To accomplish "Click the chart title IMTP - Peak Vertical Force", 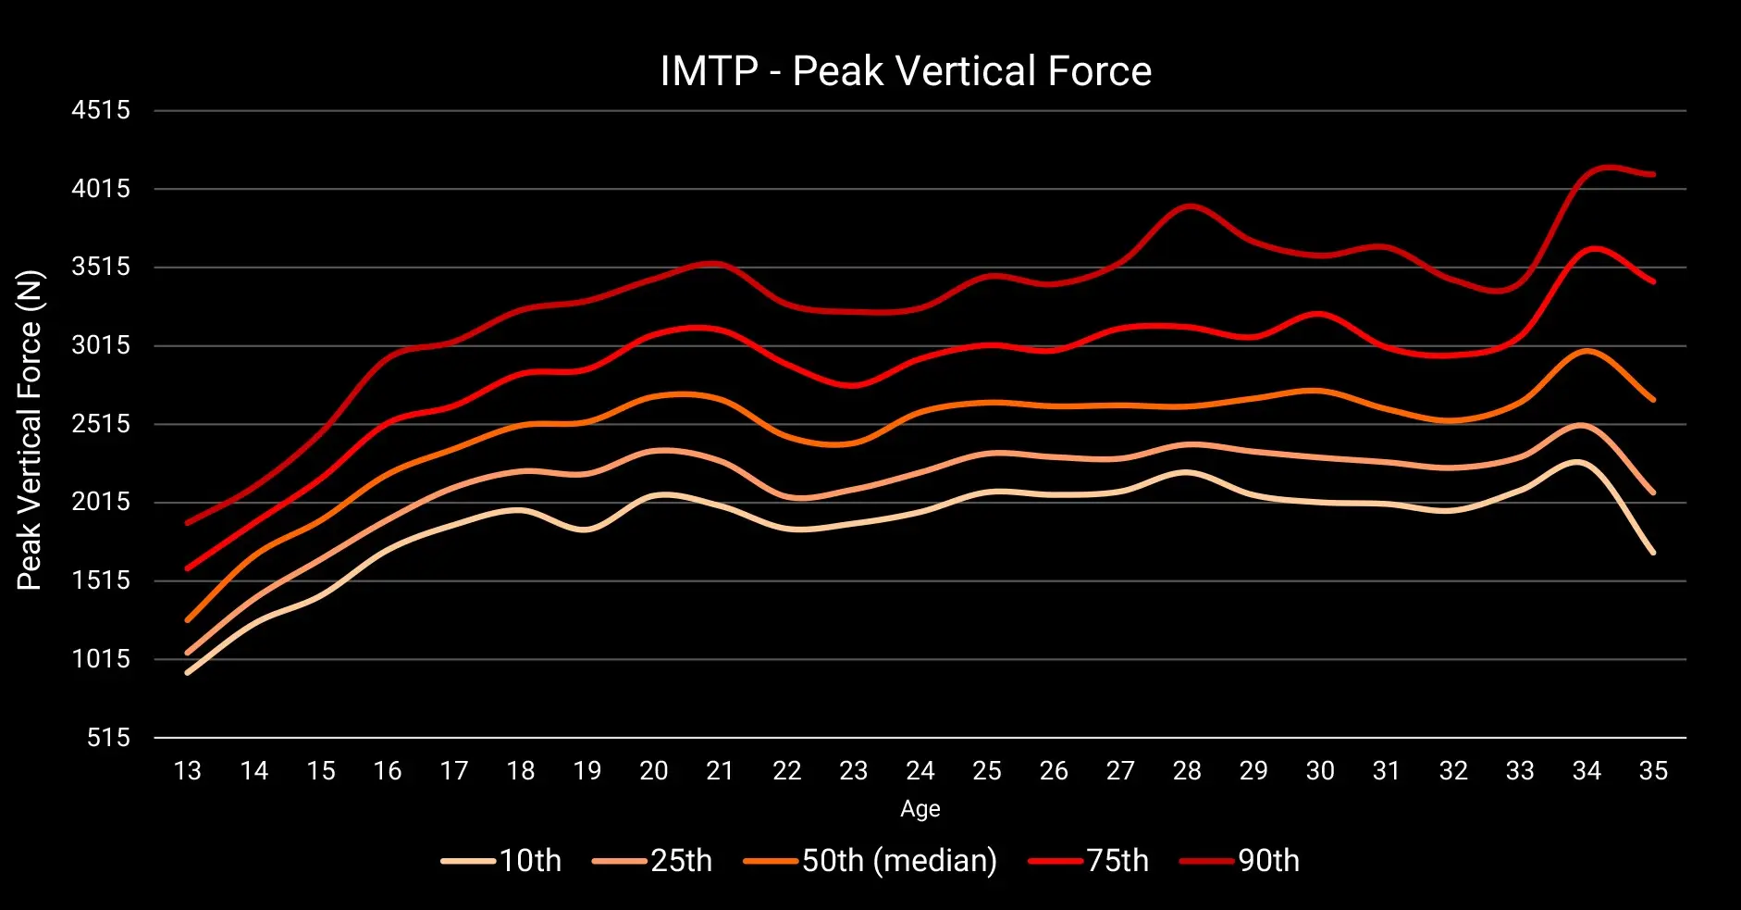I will point(906,71).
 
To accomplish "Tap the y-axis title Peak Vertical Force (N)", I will point(30,430).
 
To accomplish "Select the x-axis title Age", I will point(920,809).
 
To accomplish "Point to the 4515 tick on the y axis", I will point(101,110).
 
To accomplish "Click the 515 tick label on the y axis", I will point(108,738).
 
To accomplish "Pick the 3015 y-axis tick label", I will point(101,345).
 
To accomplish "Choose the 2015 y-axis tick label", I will point(101,503).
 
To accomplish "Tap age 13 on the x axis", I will point(188,771).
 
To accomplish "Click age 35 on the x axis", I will point(1653,771).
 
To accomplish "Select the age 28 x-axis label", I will point(1187,771).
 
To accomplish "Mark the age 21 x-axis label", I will point(720,771).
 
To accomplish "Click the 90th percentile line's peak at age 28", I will point(1188,206).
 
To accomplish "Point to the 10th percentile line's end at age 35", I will point(1653,553).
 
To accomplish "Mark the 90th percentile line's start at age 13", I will point(188,523).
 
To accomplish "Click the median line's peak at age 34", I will point(1587,351).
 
